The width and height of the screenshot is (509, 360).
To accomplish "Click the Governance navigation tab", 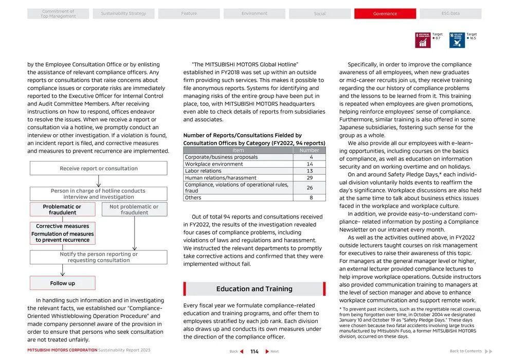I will click(x=385, y=14).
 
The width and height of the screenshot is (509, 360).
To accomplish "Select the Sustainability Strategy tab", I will click(x=123, y=14).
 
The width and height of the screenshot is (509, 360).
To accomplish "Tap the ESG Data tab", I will click(x=450, y=14).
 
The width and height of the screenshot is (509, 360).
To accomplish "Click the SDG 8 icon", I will click(x=423, y=40).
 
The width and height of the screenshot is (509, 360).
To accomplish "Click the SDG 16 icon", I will click(x=457, y=40).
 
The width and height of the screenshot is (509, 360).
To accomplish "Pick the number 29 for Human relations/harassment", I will click(x=310, y=178).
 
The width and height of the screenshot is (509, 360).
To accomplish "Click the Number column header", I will click(x=310, y=150).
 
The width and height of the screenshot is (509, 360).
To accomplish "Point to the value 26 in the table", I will click(x=310, y=188).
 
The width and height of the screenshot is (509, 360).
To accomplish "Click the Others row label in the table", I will click(x=193, y=197).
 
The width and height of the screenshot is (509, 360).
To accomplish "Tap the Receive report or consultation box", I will click(x=98, y=168).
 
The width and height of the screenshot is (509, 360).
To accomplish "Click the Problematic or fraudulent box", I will click(x=62, y=209).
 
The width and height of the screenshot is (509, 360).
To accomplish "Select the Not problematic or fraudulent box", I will click(x=134, y=209).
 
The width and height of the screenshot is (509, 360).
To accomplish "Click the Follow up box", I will click(x=62, y=283).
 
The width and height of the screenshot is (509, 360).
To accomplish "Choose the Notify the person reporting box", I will click(x=98, y=257).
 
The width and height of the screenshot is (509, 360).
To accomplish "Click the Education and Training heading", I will click(x=254, y=289).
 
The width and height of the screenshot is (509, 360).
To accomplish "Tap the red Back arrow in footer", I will click(x=242, y=352).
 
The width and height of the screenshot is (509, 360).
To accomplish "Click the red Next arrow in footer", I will click(x=267, y=352).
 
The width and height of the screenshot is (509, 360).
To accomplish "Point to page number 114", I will click(x=254, y=352).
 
